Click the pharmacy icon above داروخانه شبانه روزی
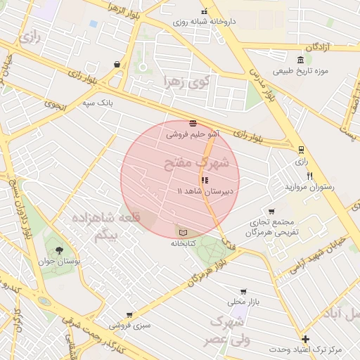[205, 11]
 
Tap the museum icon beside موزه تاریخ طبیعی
[301, 59]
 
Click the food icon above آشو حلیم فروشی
[193, 123]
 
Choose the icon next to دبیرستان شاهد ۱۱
[205, 180]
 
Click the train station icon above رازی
[302, 149]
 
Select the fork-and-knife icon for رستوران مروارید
[309, 176]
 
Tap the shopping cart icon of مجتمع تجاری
[271, 211]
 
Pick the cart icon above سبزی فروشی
[129, 315]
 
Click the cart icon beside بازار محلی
[243, 291]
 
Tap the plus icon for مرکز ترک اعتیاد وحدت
[305, 339]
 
